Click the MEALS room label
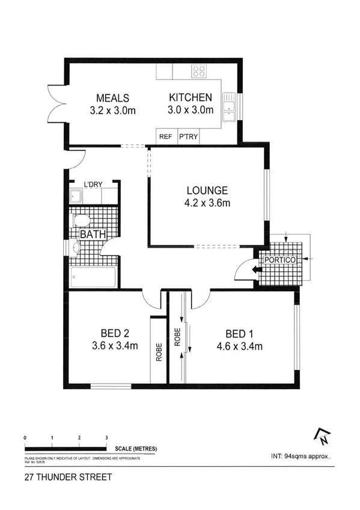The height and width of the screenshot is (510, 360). (x=113, y=98)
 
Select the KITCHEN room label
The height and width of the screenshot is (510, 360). (x=190, y=97)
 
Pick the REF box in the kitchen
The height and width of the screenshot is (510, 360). (x=166, y=137)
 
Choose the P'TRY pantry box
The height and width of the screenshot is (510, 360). (x=188, y=137)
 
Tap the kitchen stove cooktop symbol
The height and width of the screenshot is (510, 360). (x=199, y=72)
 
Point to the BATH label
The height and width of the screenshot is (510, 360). (x=91, y=234)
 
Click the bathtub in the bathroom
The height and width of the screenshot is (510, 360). (x=93, y=278)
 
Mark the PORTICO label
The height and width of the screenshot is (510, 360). (x=281, y=260)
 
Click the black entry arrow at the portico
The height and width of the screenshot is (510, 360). (x=257, y=270)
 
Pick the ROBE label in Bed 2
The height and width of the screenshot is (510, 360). (x=159, y=352)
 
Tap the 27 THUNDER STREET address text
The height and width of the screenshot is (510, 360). (x=59, y=479)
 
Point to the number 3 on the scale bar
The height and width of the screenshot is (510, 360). (x=106, y=437)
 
